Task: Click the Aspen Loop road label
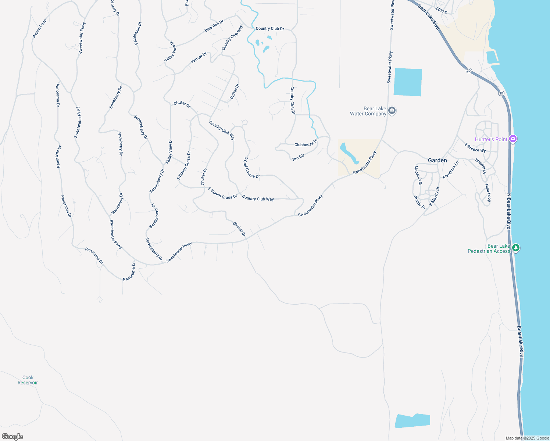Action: (40, 28)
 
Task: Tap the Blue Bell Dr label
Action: (214, 26)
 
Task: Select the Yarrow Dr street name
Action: (199, 58)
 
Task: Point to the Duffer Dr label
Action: (235, 92)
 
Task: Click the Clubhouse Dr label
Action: (306, 143)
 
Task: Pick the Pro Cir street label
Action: (298, 157)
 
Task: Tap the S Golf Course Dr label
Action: (252, 168)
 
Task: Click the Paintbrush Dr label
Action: (138, 33)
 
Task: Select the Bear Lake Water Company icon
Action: (392, 111)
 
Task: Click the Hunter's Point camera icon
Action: (513, 139)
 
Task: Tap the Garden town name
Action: (438, 160)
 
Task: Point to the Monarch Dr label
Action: (418, 176)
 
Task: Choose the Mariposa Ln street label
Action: (451, 170)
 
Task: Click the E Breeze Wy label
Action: (475, 148)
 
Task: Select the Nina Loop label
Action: (488, 193)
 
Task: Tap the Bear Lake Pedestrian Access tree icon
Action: (516, 248)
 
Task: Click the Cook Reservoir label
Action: (28, 380)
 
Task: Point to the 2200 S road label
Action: (441, 10)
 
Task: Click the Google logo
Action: (12, 436)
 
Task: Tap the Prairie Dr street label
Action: (419, 202)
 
